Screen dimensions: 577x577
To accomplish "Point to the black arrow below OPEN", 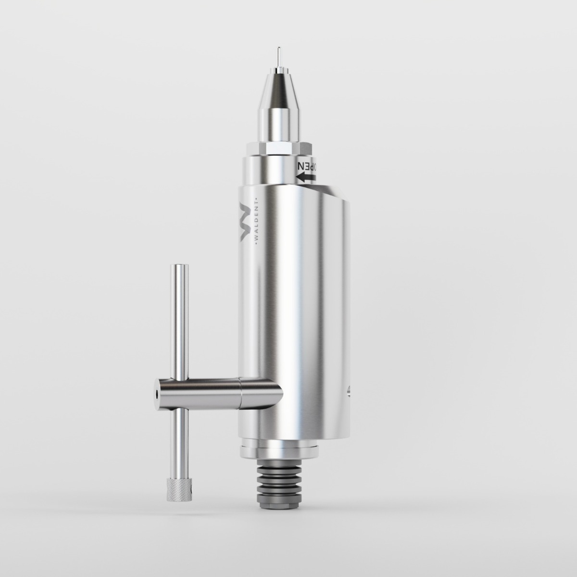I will (307, 178).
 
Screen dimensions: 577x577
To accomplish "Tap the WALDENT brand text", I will (256, 222).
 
